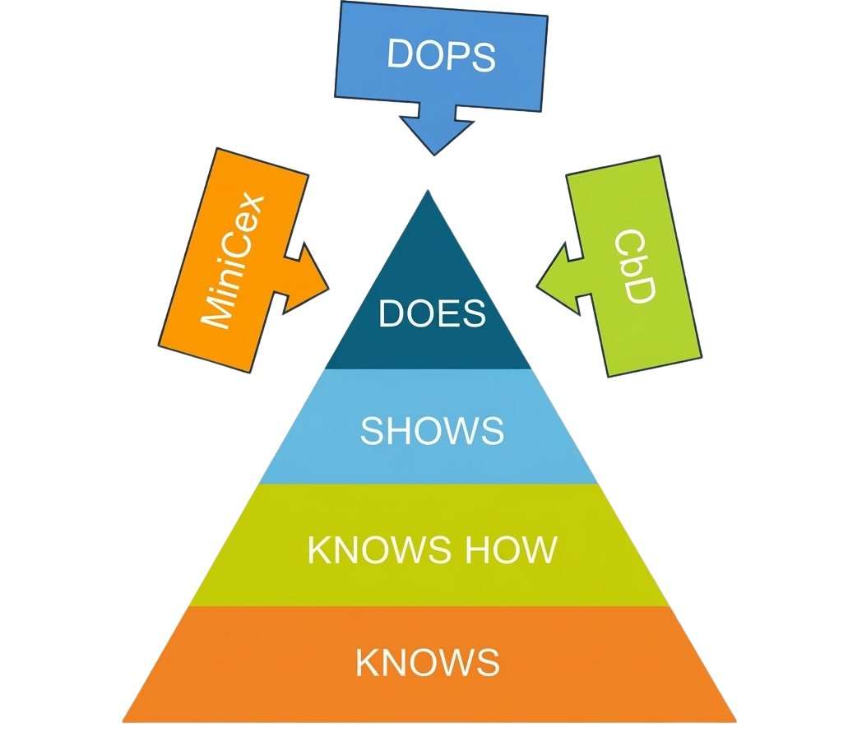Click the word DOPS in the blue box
(x=442, y=54)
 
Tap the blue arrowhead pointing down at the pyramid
(x=436, y=135)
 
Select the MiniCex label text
(x=233, y=262)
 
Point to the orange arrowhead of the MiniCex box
(x=310, y=279)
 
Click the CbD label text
(x=635, y=266)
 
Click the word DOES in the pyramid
(x=432, y=313)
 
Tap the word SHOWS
(x=432, y=430)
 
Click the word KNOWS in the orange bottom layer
(x=427, y=662)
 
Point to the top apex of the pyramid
(x=428, y=190)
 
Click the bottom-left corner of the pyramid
(x=123, y=721)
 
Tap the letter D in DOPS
(x=400, y=53)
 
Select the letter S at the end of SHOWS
(x=493, y=430)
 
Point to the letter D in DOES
(x=390, y=313)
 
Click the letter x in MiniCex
(x=254, y=204)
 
